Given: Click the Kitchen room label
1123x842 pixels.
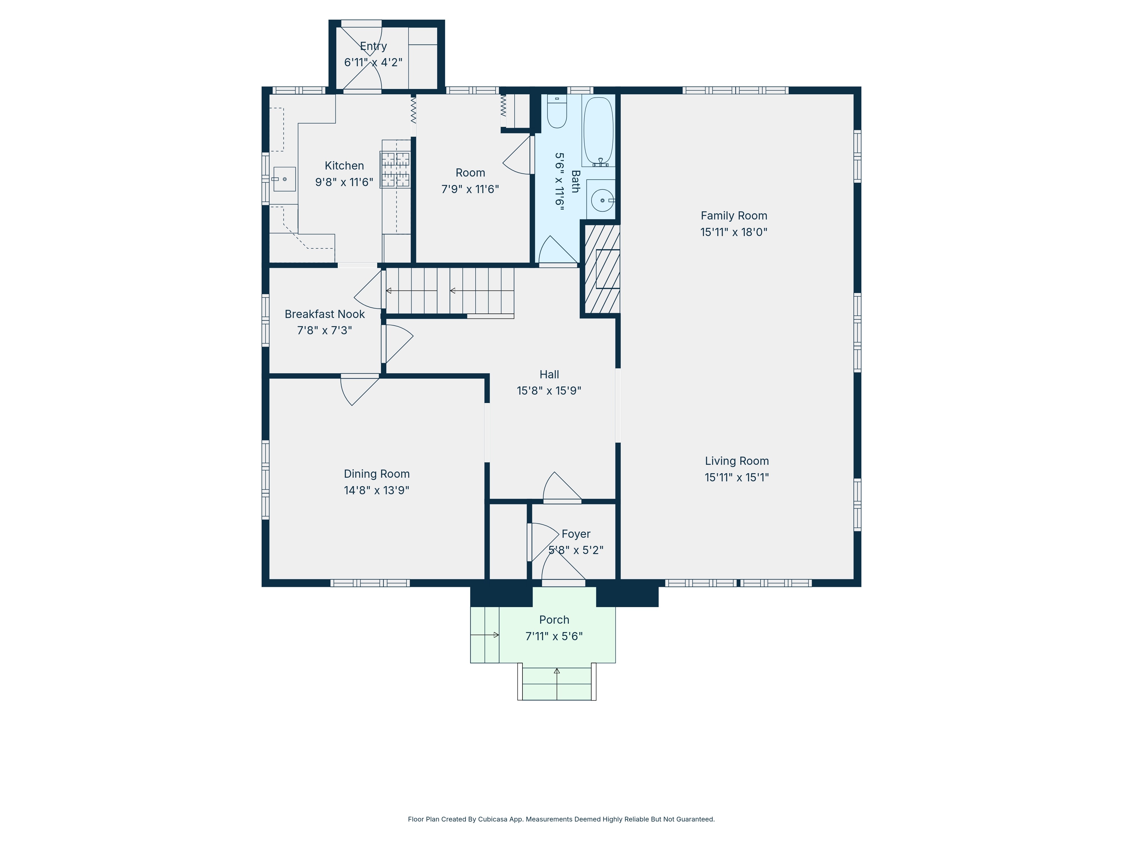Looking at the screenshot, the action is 344,166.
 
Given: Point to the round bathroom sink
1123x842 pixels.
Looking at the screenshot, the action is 602,200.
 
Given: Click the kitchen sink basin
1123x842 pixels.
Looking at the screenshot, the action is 285,179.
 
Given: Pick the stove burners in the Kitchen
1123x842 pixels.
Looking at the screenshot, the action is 396,170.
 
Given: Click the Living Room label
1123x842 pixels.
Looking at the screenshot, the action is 737,461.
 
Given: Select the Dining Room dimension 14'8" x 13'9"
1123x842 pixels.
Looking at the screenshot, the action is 377,490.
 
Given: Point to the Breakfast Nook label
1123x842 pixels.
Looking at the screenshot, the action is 325,314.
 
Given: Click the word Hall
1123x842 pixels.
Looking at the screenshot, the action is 549,375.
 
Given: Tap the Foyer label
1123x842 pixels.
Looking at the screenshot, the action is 576,534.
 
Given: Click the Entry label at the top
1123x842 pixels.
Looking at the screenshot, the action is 374,46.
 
